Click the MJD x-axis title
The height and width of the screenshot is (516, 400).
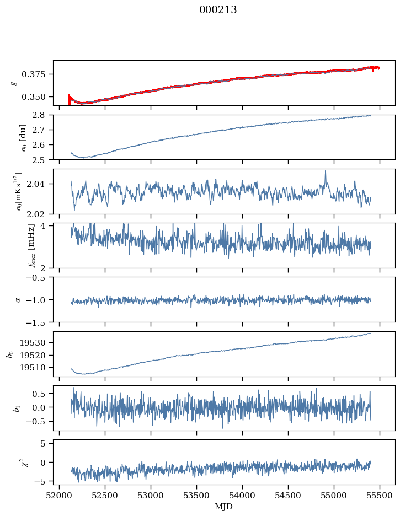(x=224, y=507)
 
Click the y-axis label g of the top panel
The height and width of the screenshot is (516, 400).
(x=14, y=83)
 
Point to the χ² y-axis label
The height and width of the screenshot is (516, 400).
(x=14, y=462)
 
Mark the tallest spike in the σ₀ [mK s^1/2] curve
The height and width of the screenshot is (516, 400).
(x=326, y=171)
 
